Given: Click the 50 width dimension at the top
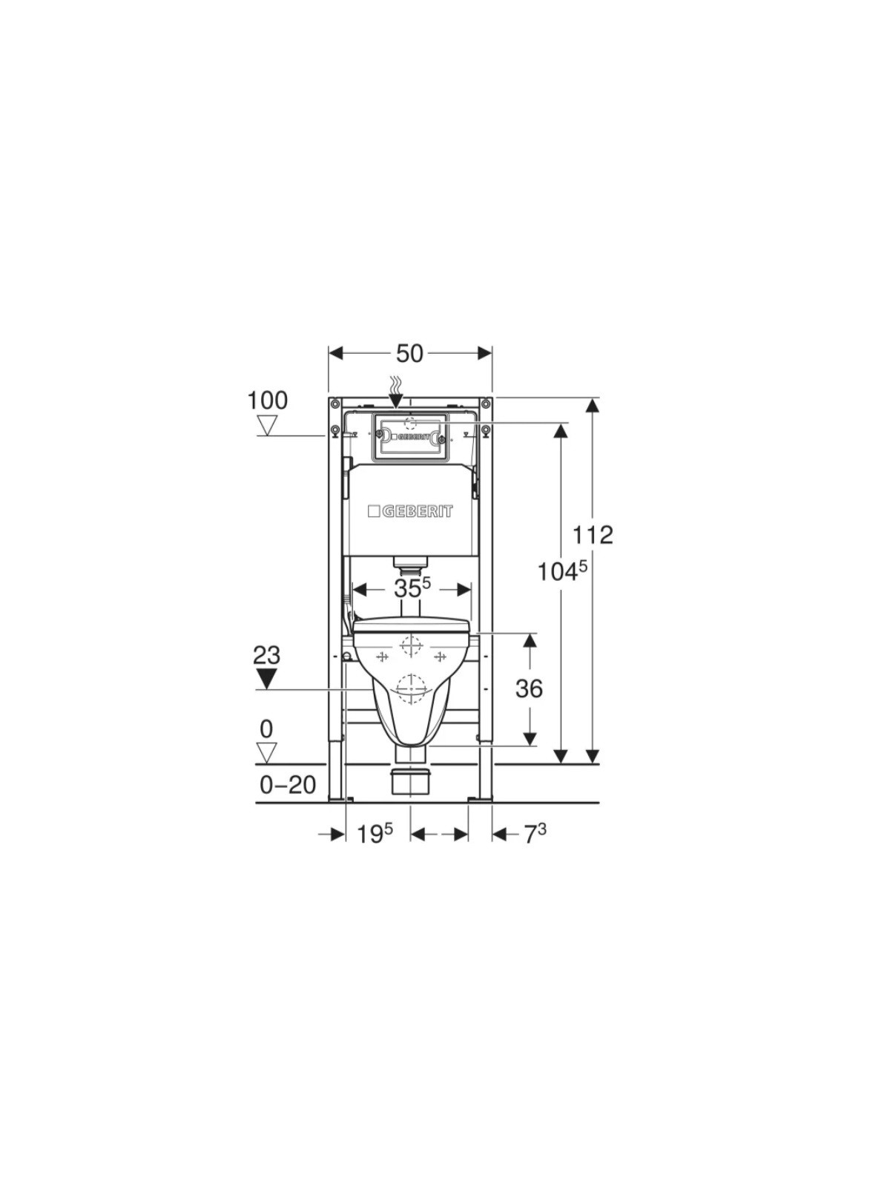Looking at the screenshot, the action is pos(409,354).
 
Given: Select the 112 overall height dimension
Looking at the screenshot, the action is pos(593,535).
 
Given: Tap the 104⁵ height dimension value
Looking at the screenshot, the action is pos(561,571).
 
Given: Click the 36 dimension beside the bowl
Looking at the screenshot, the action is pos(529,688).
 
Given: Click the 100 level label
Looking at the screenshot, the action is pos(268,401).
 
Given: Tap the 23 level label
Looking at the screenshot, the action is pos(267,655).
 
